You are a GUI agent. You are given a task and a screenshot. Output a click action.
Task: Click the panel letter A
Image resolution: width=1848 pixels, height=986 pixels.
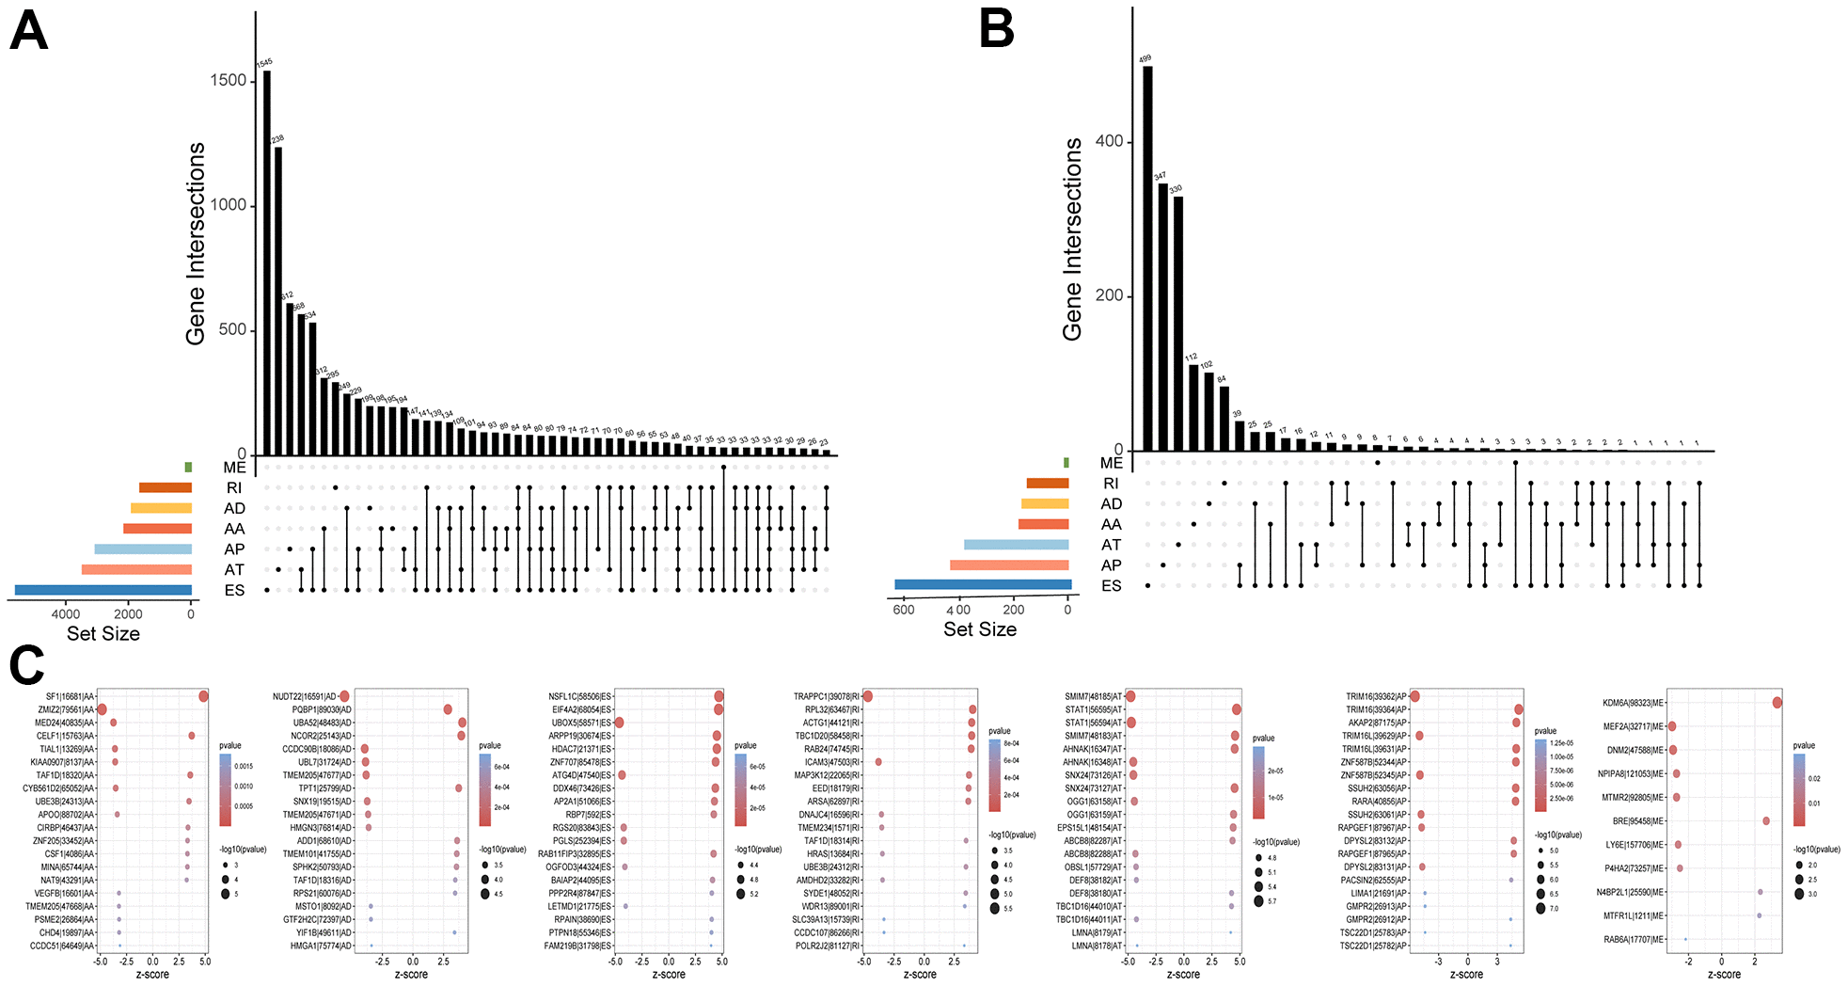[x=28, y=31]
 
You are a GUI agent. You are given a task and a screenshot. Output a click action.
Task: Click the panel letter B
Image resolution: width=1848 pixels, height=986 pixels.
[x=997, y=28]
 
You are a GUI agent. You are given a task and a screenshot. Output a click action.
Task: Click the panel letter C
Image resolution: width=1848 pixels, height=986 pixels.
[x=26, y=665]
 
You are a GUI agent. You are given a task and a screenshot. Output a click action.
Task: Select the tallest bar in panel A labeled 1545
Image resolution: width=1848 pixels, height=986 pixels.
[x=267, y=263]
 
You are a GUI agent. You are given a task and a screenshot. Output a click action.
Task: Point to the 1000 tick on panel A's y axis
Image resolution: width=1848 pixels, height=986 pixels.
[x=229, y=205]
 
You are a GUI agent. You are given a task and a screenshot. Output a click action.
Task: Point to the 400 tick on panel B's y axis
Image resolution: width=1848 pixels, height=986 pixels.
[x=1110, y=141]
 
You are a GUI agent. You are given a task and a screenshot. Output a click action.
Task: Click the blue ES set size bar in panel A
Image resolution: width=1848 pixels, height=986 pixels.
[x=103, y=590]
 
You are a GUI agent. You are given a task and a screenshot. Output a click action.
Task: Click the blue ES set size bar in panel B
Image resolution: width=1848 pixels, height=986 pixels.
[x=983, y=585]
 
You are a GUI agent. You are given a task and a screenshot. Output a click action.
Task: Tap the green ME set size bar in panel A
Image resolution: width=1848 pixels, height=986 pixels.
[x=188, y=468]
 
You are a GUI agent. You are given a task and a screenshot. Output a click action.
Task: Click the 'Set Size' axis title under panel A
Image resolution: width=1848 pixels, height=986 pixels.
[x=103, y=634]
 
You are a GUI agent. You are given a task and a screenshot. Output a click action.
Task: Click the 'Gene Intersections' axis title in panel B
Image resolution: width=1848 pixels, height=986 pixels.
[x=1073, y=240]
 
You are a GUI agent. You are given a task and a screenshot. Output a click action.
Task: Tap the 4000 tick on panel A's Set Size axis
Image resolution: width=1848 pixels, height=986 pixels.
[x=66, y=614]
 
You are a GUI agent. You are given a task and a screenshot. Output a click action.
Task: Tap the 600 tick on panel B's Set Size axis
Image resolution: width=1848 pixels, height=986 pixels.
[x=904, y=610]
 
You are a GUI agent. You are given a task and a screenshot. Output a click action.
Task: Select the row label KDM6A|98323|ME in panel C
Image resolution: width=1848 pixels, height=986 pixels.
[x=1634, y=703]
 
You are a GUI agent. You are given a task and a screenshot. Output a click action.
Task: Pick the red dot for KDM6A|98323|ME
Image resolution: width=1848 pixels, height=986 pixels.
[x=1777, y=703]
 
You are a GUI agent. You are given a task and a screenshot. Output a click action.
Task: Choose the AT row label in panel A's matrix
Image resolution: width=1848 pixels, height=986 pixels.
[x=234, y=570]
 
